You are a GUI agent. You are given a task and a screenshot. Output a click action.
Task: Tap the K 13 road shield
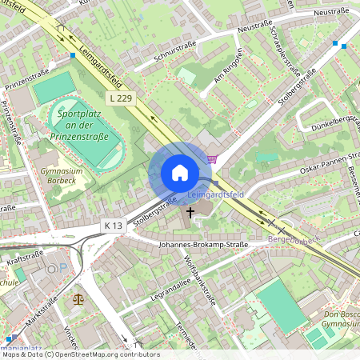point(114,226)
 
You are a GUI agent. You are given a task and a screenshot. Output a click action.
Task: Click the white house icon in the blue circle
point(180,173)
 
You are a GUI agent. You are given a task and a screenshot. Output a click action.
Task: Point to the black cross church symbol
point(190,212)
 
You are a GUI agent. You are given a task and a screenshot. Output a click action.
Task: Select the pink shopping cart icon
point(212,159)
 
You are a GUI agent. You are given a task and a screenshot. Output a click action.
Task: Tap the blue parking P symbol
point(53,270)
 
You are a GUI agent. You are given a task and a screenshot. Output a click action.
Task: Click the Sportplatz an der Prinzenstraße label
point(88,128)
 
